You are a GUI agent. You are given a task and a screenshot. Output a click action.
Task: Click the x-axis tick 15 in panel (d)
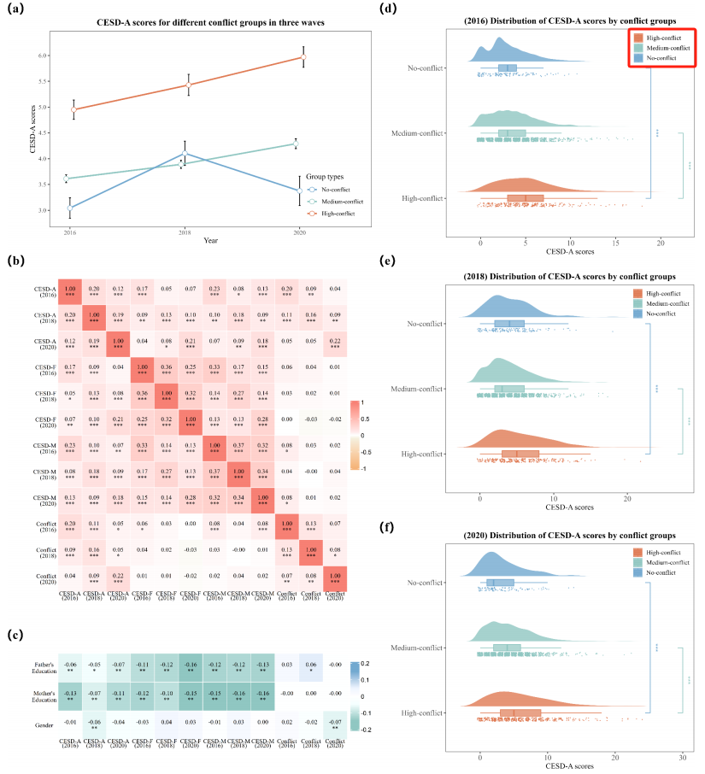(x=615, y=243)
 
